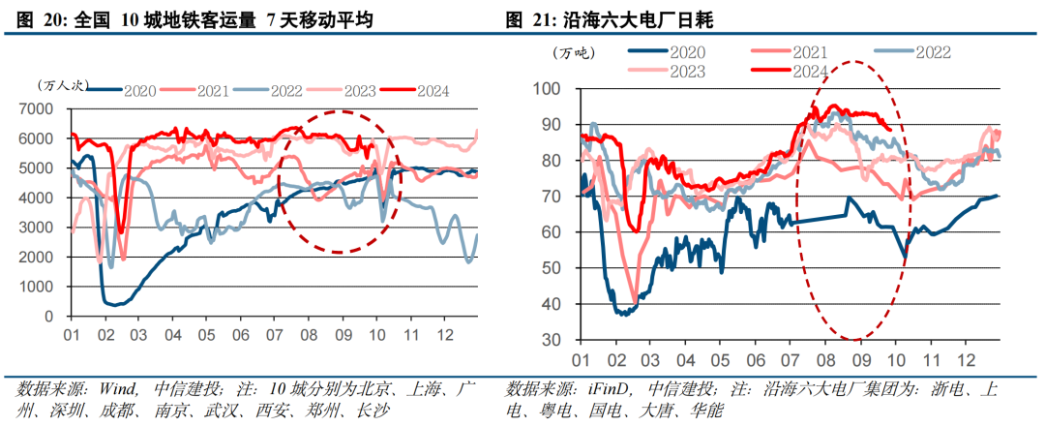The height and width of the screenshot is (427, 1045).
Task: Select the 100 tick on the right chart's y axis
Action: [x=548, y=89]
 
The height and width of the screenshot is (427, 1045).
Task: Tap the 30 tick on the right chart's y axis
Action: [x=552, y=340]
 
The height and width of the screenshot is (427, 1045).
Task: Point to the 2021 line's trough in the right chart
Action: [x=635, y=302]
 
